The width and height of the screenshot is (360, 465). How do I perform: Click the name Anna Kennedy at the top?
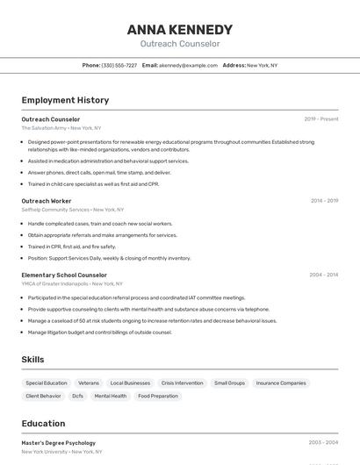point(180,29)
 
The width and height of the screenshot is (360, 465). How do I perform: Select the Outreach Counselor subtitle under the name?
point(180,44)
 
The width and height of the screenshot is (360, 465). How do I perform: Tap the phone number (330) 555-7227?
point(119,66)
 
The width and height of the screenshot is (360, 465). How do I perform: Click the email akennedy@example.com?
point(188,66)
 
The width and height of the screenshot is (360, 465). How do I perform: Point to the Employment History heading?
point(65,100)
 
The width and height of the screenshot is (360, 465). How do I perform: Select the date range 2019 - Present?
point(321,119)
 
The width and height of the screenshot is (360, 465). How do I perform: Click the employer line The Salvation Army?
point(44,128)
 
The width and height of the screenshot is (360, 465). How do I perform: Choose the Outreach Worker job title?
point(47,201)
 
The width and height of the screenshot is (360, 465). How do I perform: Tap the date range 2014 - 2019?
point(324,201)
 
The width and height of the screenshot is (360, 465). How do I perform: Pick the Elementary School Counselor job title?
point(64,275)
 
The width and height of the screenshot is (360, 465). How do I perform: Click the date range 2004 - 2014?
point(323,275)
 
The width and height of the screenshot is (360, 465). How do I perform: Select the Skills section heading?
point(32,360)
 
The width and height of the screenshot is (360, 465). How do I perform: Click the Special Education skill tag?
point(47,383)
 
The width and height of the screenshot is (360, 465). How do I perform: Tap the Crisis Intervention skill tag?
point(182,383)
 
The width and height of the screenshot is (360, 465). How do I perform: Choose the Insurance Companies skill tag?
point(281,383)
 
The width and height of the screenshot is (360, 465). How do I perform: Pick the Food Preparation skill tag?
point(158,397)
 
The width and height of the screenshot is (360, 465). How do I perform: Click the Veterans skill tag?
point(89,383)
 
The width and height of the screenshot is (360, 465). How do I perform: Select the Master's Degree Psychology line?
point(59,443)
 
